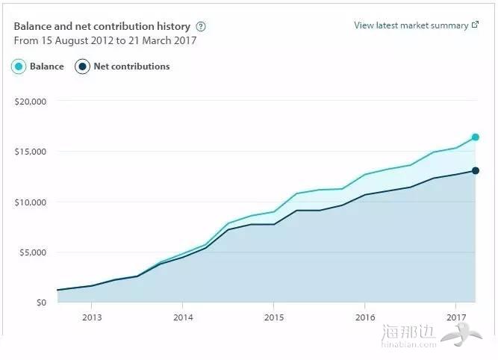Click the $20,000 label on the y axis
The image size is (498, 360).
coord(31,101)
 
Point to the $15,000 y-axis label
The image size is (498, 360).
coord(31,152)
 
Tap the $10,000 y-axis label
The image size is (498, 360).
coord(31,202)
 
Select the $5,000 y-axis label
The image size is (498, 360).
coord(33,252)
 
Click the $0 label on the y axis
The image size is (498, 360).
coord(40,302)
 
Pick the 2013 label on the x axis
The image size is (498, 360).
coord(91,317)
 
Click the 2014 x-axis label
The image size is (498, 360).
coord(182,317)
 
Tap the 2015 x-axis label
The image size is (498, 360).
coord(273,317)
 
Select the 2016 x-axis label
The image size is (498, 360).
coord(364,317)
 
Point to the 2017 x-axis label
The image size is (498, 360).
coord(455,317)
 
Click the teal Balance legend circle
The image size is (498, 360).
coord(19,66)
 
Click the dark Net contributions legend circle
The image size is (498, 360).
coord(83,66)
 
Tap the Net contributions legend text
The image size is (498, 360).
coord(131,66)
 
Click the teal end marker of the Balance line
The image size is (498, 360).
coord(476,137)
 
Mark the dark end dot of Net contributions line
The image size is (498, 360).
coord(476,171)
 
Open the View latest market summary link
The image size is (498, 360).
coord(411,25)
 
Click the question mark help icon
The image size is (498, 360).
coord(200,26)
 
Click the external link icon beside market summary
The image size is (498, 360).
coord(476,25)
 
